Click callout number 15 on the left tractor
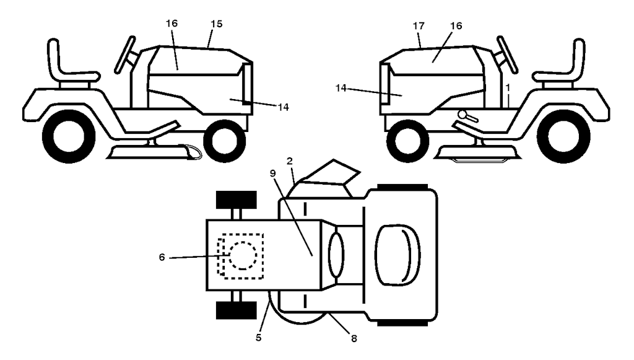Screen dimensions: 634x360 click(x=217, y=24)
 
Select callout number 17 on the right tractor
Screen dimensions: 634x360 click(x=419, y=26)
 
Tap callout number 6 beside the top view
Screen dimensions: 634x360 click(x=162, y=257)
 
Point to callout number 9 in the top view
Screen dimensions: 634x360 click(x=272, y=173)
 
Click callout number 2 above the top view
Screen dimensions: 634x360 click(x=290, y=161)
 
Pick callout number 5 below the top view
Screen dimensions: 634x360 click(x=259, y=337)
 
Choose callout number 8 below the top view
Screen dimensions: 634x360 click(x=354, y=339)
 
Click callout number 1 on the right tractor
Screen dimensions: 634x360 click(x=508, y=87)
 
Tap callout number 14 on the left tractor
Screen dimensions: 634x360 click(x=284, y=107)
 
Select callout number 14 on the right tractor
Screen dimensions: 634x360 click(x=341, y=88)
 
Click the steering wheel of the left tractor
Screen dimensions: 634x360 click(x=125, y=55)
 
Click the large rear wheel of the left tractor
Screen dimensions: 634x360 click(x=68, y=136)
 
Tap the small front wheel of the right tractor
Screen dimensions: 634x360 click(x=407, y=141)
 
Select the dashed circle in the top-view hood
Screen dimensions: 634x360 click(x=243, y=256)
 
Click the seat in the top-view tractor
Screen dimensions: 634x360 click(x=398, y=255)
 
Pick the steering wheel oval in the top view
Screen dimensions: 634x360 click(x=336, y=255)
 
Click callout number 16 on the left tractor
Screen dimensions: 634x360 click(x=172, y=24)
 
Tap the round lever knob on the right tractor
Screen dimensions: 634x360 click(x=462, y=115)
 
